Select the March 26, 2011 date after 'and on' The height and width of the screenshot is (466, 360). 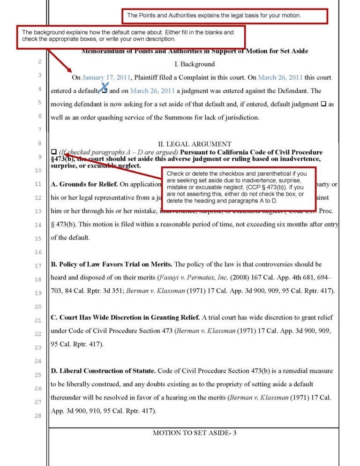(x=152, y=91)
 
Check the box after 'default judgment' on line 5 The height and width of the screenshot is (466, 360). (x=323, y=104)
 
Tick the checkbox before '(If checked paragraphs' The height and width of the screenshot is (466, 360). (x=53, y=152)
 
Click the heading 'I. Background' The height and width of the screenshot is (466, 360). (x=194, y=64)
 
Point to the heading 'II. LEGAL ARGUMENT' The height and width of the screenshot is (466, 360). (x=194, y=144)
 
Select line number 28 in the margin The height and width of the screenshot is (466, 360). (x=39, y=416)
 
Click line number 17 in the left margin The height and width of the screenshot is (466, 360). (x=39, y=266)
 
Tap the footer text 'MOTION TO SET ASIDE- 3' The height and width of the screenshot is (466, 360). (x=194, y=433)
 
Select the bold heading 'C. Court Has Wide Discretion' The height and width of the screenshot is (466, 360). (x=125, y=318)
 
